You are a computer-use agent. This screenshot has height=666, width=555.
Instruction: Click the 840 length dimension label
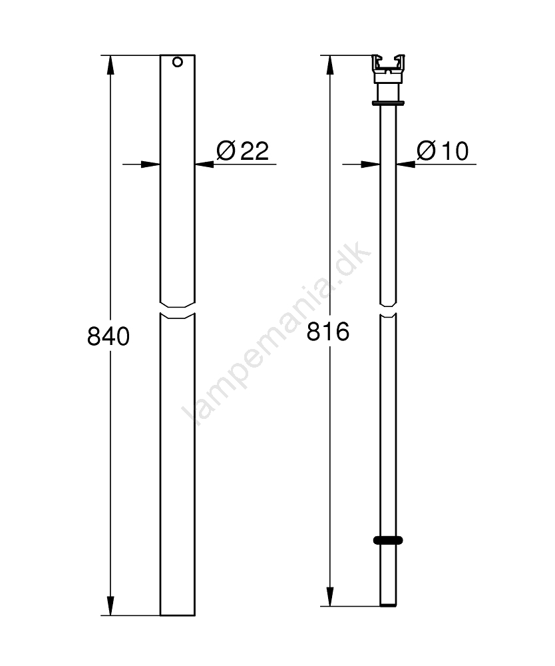click(108, 336)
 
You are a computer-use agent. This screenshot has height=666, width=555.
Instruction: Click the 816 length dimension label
click(328, 332)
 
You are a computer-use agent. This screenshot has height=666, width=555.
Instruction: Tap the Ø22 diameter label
click(243, 151)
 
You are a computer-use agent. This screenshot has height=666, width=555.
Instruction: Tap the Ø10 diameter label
click(443, 151)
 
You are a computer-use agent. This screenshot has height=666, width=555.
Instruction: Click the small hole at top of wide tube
click(178, 62)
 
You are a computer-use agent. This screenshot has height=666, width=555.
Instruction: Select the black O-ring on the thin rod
click(388, 540)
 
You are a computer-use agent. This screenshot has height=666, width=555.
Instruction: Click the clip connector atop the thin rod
click(388, 69)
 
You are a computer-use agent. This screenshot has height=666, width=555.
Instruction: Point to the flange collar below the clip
click(388, 103)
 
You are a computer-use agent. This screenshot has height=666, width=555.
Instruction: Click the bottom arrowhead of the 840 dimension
click(110, 605)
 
